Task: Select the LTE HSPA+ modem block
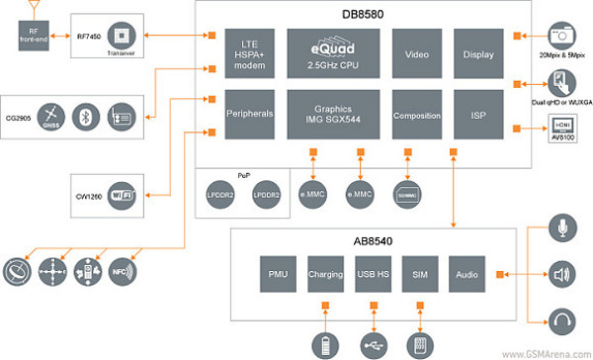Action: pyautogui.click(x=249, y=48)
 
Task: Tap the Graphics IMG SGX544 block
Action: pyautogui.click(x=333, y=116)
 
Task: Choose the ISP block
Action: pyautogui.click(x=479, y=116)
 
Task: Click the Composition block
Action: pyautogui.click(x=416, y=116)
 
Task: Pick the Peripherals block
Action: pyautogui.click(x=249, y=116)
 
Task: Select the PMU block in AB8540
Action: pyautogui.click(x=278, y=272)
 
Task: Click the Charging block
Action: pyautogui.click(x=326, y=272)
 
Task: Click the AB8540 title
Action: pyautogui.click(x=373, y=238)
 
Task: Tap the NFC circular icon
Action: pyautogui.click(x=123, y=269)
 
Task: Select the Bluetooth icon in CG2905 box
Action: pyautogui.click(x=86, y=114)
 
